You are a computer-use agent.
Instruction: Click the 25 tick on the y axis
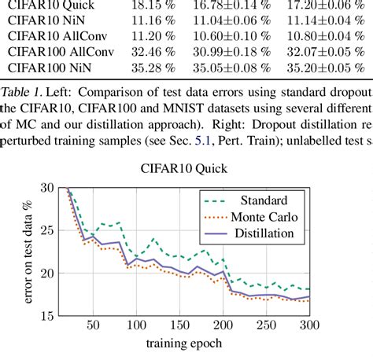(46, 231)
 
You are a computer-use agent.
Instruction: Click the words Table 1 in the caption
(22, 90)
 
